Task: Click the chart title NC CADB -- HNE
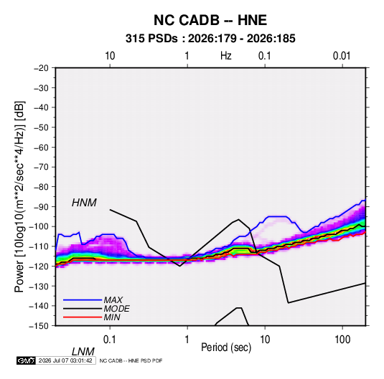point(210,20)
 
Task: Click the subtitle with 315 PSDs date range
point(210,39)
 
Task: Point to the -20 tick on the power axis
point(41,68)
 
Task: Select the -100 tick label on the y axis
point(39,226)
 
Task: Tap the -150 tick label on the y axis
point(39,326)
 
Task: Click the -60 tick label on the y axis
point(41,147)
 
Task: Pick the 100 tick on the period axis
point(342,340)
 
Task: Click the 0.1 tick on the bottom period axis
point(109,340)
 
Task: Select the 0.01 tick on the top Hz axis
point(342,56)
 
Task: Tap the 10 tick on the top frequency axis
point(110,56)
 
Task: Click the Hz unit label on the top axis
point(226,56)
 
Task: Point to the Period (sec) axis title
point(226,347)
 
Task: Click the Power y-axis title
point(19,197)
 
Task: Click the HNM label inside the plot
point(84,203)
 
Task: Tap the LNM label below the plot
point(83,352)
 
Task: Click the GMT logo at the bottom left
point(27,360)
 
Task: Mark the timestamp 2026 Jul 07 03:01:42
point(65,360)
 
